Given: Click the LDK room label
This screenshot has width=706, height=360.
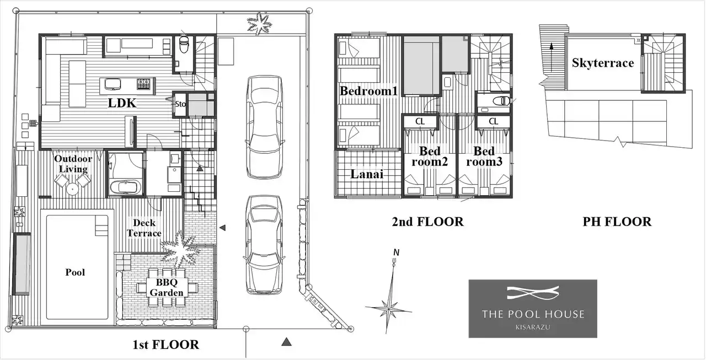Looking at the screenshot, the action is [122, 103].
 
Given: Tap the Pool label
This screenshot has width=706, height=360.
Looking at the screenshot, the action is [75, 272].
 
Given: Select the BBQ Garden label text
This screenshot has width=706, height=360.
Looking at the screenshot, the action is [167, 288].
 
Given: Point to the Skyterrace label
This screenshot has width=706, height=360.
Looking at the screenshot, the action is [603, 63].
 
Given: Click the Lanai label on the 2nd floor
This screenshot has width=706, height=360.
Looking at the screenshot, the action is [367, 174].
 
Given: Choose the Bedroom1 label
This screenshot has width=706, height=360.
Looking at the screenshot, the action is [368, 91].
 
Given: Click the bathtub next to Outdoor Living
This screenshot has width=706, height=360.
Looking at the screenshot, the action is [125, 187].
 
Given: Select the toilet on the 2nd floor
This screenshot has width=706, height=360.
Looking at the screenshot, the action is [501, 101].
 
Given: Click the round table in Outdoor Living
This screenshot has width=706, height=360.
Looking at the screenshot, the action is [72, 189].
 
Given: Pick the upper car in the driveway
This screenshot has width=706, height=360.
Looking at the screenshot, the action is [265, 127].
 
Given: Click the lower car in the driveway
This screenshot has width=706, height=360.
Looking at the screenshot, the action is [264, 245].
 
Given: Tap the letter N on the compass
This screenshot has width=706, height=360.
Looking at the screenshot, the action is [397, 252].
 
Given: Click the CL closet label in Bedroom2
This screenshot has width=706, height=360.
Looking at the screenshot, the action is [420, 121].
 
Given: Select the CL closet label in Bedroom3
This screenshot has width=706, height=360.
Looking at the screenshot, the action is [494, 121].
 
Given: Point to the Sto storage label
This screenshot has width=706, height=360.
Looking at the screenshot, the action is [180, 104].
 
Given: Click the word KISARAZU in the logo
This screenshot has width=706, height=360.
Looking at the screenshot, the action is [533, 327].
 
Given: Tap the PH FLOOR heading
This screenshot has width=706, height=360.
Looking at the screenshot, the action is [617, 222].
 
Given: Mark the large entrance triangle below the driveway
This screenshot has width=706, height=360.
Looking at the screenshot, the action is [286, 342].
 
